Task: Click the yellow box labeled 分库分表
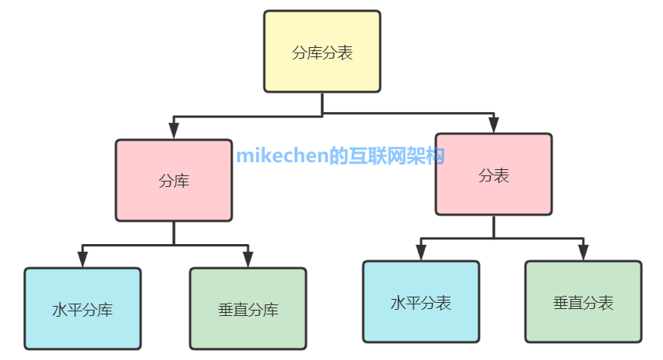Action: pyautogui.click(x=322, y=52)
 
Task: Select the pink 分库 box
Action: pyautogui.click(x=174, y=180)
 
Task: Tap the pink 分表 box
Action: pyautogui.click(x=494, y=174)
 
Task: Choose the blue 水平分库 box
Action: pyautogui.click(x=83, y=309)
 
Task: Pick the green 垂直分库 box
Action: pyautogui.click(x=248, y=309)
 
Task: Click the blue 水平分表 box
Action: pyautogui.click(x=421, y=301)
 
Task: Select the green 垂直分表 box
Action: pyautogui.click(x=583, y=301)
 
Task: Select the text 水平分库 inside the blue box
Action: pyautogui.click(x=83, y=311)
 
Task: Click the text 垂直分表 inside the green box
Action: pyautogui.click(x=583, y=303)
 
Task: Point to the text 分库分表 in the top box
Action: pyautogui.click(x=322, y=53)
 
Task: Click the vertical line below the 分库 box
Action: pyautogui.click(x=174, y=233)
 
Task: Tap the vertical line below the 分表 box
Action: pyautogui.click(x=494, y=226)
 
